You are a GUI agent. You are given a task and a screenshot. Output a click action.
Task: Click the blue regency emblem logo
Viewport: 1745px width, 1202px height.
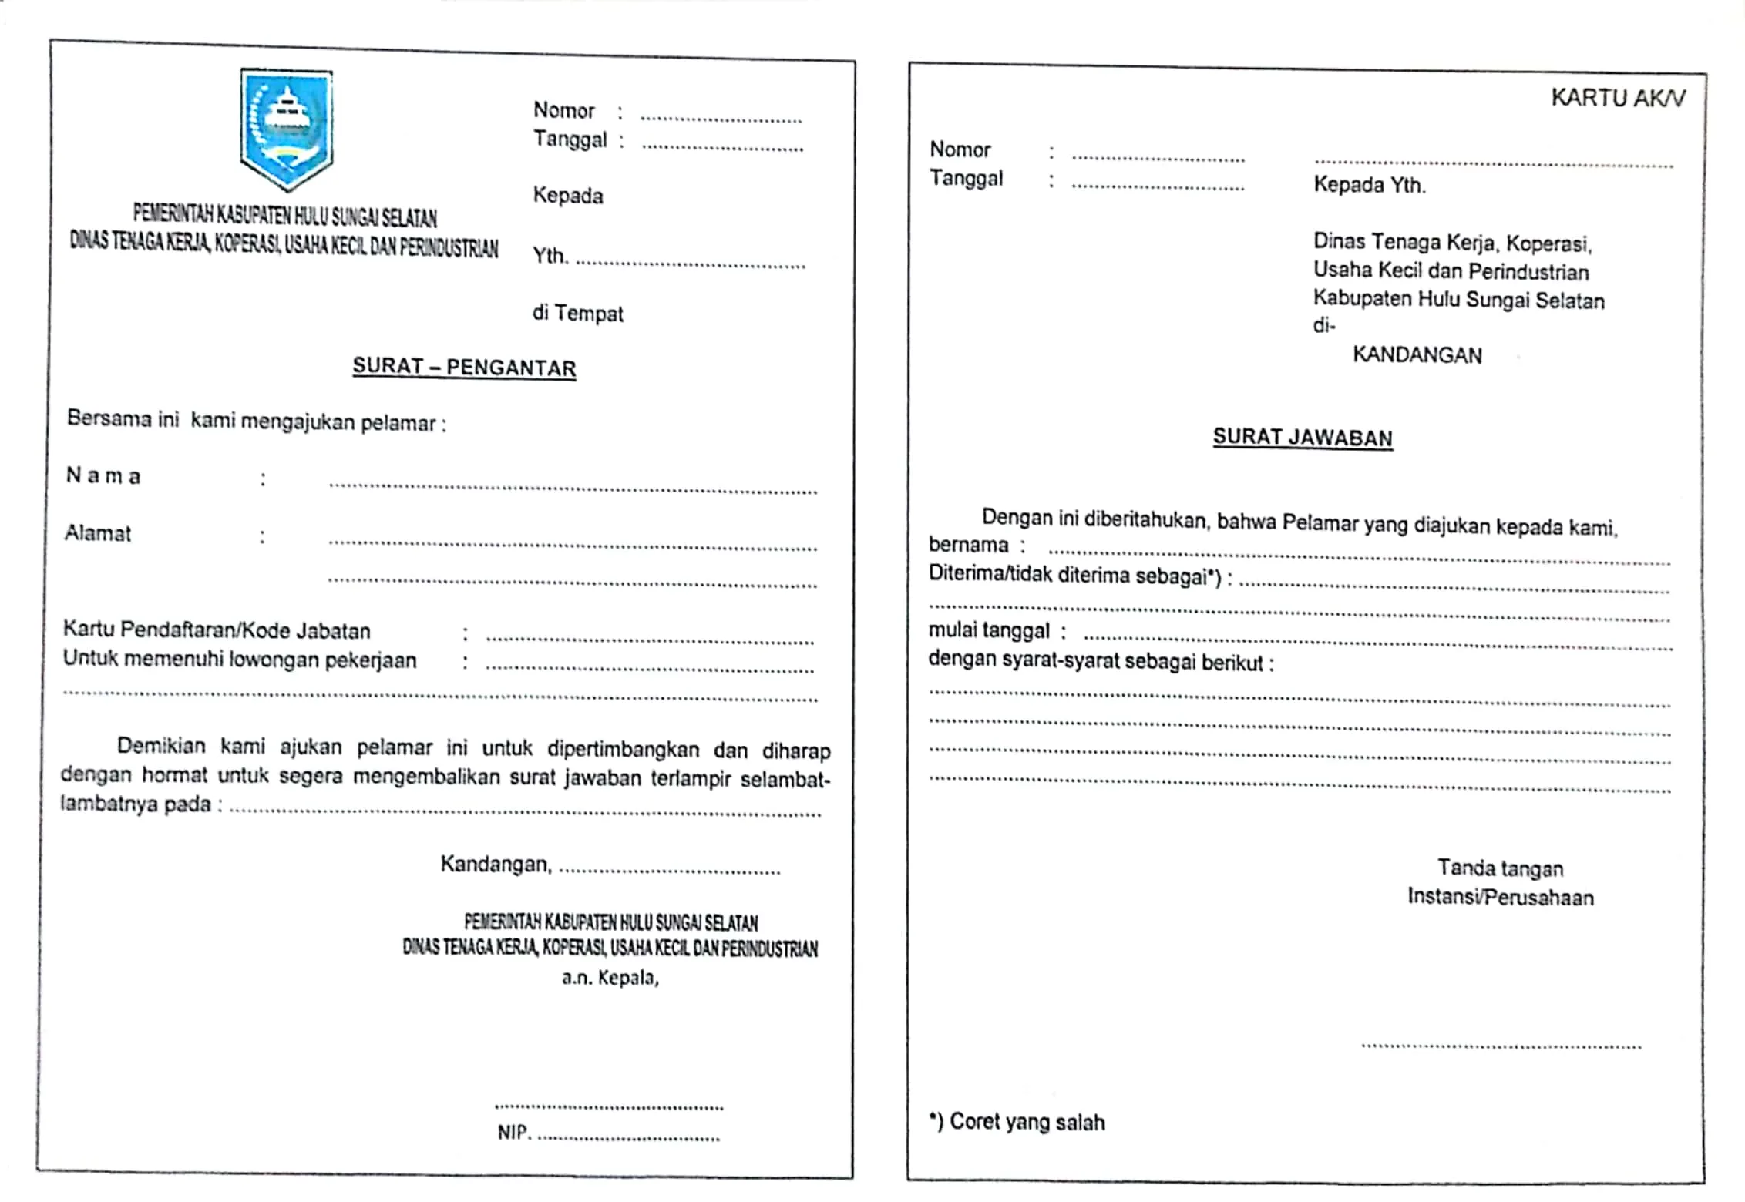[286, 129]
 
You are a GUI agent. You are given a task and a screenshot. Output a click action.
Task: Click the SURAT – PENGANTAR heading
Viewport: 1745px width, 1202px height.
[464, 367]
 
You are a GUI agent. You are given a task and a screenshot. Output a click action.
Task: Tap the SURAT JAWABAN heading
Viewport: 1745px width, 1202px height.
[1303, 437]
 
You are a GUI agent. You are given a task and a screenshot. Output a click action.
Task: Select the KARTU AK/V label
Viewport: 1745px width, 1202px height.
[1617, 98]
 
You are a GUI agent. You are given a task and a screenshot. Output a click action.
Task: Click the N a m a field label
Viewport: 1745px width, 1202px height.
[103, 475]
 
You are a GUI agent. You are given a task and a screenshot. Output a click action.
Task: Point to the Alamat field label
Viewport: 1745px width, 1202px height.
[98, 533]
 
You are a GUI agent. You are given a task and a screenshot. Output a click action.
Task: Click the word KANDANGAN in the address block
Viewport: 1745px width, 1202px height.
[1417, 355]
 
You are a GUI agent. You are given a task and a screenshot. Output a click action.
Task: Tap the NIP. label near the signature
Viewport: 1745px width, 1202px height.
[513, 1133]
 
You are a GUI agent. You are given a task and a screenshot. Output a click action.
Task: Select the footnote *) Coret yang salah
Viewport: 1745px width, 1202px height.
[1017, 1122]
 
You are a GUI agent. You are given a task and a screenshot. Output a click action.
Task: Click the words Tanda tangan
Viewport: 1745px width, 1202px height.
[1500, 868]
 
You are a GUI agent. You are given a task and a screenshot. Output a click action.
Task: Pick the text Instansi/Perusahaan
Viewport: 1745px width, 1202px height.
[1500, 897]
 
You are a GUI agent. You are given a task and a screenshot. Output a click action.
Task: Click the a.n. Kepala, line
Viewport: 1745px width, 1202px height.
[610, 978]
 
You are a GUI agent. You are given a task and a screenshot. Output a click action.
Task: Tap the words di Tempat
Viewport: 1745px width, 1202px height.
[577, 313]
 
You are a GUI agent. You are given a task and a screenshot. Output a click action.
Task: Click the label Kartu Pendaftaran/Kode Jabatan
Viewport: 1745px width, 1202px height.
[217, 630]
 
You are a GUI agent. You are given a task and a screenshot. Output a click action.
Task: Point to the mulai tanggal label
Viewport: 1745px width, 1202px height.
[989, 630]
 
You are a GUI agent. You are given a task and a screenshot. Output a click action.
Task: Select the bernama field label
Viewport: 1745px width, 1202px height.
[968, 545]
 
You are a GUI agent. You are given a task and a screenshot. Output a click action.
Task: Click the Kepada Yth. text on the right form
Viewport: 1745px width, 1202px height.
[1369, 185]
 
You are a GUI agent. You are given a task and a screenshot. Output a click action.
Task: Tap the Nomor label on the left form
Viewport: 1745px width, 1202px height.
[563, 110]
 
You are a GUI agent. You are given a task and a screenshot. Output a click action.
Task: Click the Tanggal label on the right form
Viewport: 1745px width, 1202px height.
[966, 178]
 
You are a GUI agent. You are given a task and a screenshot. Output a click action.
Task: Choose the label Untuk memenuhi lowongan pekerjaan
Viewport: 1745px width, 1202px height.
[240, 660]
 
